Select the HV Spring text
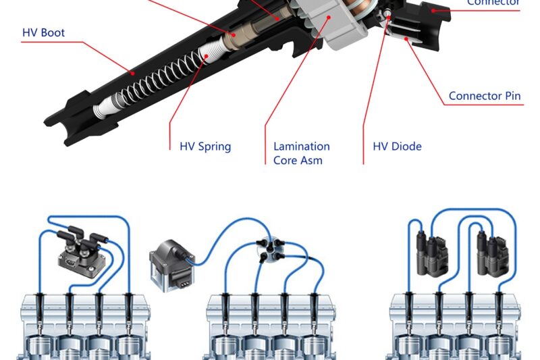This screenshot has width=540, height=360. pyautogui.click(x=205, y=146)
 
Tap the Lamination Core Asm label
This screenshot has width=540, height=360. pyautogui.click(x=301, y=153)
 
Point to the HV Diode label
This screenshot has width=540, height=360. pyautogui.click(x=397, y=146)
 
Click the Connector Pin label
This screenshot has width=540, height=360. pyautogui.click(x=485, y=96)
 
